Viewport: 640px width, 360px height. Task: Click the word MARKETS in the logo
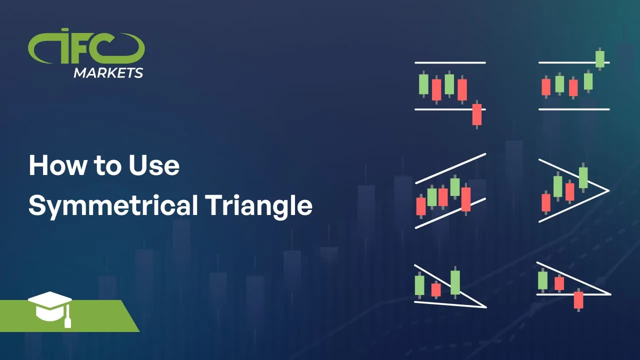[x=108, y=73]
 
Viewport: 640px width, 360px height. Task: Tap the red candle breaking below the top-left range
[x=477, y=114]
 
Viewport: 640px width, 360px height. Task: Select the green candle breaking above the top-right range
[x=600, y=58]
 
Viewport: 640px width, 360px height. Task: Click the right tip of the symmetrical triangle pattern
[x=607, y=190]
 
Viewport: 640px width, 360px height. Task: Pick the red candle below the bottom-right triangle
[x=578, y=299]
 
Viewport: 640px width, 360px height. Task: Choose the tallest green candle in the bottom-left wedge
[x=455, y=282]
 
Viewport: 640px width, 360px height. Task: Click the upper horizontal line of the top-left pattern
[x=450, y=62]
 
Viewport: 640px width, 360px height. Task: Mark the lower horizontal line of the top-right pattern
[x=574, y=109]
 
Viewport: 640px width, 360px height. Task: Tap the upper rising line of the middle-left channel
[x=450, y=168]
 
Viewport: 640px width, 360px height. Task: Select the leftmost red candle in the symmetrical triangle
[x=546, y=202]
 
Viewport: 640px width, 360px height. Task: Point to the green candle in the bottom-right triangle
[x=542, y=280]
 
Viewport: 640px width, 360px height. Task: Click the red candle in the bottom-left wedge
[x=436, y=289]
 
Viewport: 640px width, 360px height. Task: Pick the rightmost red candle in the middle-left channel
[x=466, y=199]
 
